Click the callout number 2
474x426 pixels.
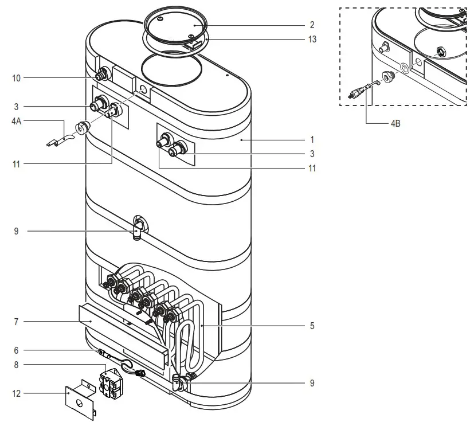pos(312,25)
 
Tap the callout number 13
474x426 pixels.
pos(312,40)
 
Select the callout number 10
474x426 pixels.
pos(16,77)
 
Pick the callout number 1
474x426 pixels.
pos(312,139)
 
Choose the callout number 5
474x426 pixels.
pos(312,326)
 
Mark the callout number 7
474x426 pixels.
pos(16,322)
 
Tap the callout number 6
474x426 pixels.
pos(16,350)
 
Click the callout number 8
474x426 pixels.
pos(16,364)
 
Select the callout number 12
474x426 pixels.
pos(16,393)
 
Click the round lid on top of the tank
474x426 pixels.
pos(173,25)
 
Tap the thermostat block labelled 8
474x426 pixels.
pos(112,380)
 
